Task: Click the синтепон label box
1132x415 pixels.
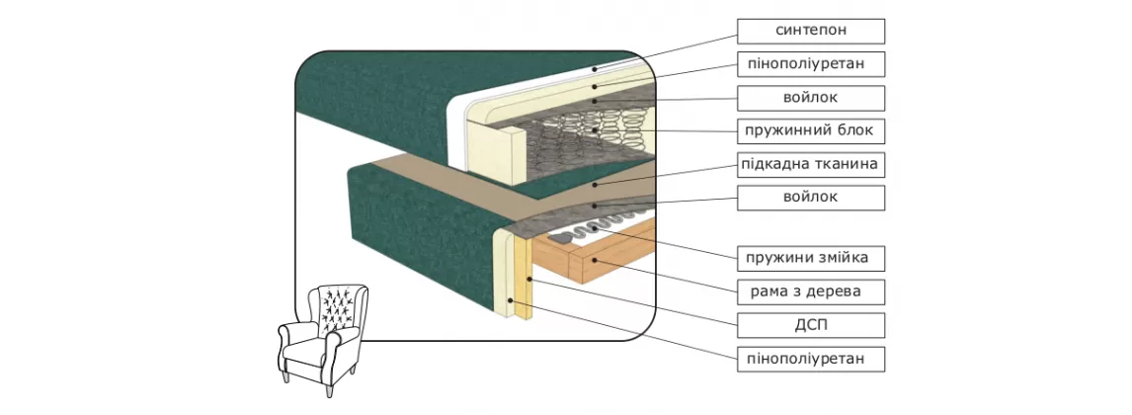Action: click(810, 31)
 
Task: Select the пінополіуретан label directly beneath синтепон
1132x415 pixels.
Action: click(810, 64)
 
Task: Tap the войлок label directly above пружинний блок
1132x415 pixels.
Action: click(810, 97)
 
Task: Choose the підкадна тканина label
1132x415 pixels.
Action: click(810, 163)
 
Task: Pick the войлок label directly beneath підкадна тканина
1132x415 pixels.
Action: click(810, 197)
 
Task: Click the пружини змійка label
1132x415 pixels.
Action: click(810, 259)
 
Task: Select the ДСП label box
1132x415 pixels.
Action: click(810, 324)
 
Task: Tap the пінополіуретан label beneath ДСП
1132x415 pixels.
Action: click(810, 358)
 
